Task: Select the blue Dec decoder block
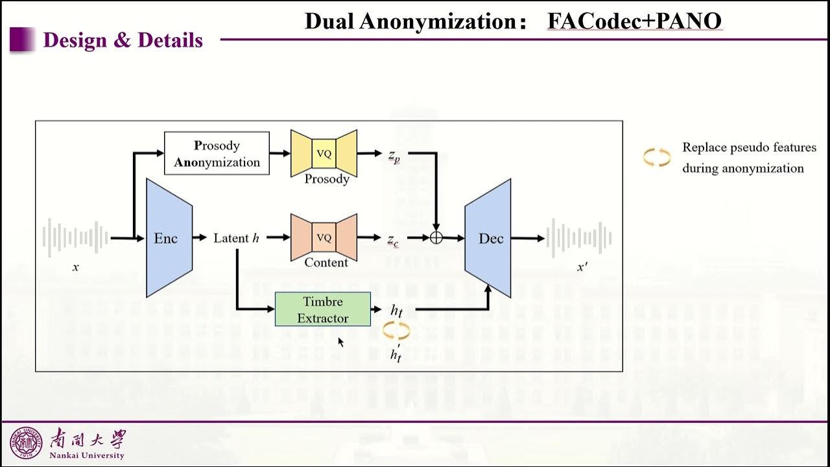coord(488,238)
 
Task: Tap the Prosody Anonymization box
coord(217,154)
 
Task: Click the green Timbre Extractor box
coord(323,309)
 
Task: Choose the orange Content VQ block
coord(324,237)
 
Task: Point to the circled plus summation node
coord(436,238)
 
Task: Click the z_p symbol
coord(394,156)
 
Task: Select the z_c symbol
coord(394,240)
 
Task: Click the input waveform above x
coord(75,237)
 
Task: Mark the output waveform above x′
coord(580,237)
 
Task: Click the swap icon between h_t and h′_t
coord(396,331)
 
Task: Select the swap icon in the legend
coord(656,158)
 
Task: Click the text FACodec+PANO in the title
coord(634,21)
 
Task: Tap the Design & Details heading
coord(123,40)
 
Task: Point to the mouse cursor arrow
coord(340,342)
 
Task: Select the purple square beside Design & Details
coord(21,40)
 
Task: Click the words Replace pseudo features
coord(749,147)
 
